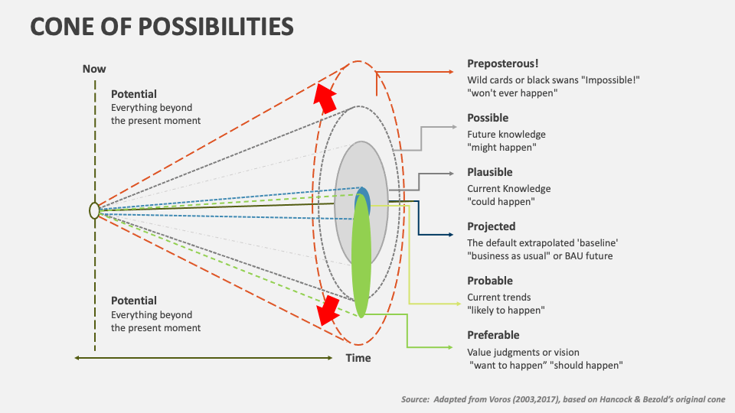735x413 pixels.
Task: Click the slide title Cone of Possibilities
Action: tap(162, 27)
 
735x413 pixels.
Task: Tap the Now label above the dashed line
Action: tap(94, 69)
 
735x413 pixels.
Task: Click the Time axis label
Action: tap(358, 358)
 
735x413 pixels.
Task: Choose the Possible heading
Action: tap(488, 118)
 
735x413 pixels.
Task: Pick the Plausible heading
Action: tap(490, 172)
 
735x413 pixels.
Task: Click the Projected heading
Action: tap(492, 226)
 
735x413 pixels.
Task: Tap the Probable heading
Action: tap(490, 281)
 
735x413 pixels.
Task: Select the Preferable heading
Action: tap(494, 335)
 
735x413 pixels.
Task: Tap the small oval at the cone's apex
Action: tap(93, 210)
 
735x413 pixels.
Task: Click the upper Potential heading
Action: tap(134, 94)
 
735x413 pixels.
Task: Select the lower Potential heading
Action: tap(134, 301)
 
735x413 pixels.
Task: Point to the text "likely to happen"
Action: tap(506, 310)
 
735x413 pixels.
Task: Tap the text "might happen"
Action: tap(502, 147)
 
